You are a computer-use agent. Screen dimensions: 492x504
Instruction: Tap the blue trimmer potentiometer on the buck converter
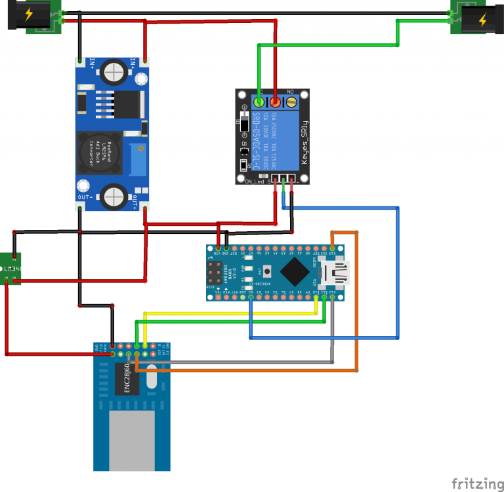pyautogui.click(x=138, y=159)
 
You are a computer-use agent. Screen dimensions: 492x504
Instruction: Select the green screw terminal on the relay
pyautogui.click(x=259, y=102)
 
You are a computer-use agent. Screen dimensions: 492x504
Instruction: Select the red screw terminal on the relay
pyautogui.click(x=275, y=102)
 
